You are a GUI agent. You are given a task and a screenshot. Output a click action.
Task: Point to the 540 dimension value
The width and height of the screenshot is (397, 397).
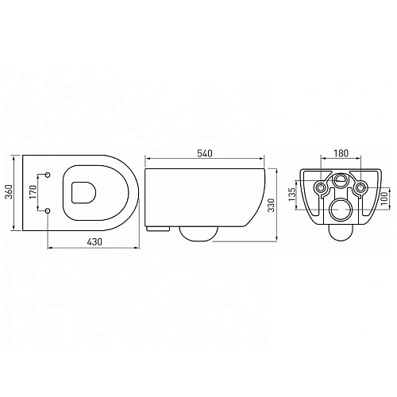206,156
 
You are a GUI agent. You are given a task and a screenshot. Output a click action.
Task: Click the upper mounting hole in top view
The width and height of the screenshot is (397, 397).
49,173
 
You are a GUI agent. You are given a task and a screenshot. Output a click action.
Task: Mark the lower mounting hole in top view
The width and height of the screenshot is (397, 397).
49,210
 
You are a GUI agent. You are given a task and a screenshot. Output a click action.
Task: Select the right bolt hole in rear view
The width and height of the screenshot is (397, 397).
359,188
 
